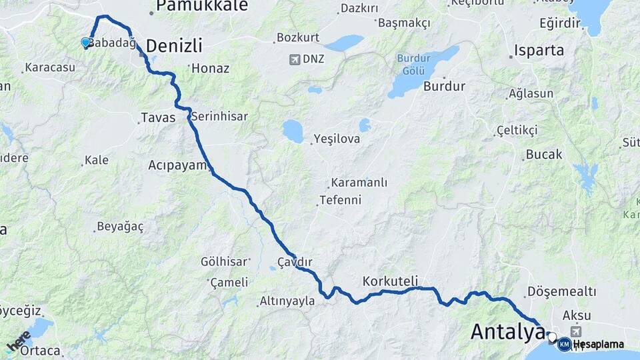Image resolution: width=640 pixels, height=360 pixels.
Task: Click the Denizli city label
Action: coord(173,46)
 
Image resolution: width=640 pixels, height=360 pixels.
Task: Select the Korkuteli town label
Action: coord(390,280)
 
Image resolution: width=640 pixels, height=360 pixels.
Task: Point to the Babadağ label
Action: coord(112,43)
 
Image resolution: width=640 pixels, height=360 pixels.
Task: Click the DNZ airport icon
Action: coord(295,59)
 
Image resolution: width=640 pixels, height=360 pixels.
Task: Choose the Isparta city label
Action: coord(539,51)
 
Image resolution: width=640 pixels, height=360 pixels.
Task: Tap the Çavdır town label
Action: coord(295,261)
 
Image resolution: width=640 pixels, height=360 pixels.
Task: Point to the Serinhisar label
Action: coord(219,117)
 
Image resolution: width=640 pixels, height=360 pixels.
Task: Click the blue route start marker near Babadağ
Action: coord(85,43)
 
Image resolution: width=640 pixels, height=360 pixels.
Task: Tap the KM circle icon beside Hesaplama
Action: coord(564,345)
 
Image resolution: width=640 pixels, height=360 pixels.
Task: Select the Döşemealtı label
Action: coord(561,291)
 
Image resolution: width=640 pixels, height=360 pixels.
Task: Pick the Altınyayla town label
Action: coord(287,301)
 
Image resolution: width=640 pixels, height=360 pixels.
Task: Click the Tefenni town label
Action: coord(340,200)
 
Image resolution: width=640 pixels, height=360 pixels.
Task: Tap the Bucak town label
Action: coord(544,155)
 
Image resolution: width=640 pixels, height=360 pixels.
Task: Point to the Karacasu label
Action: coord(49,68)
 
